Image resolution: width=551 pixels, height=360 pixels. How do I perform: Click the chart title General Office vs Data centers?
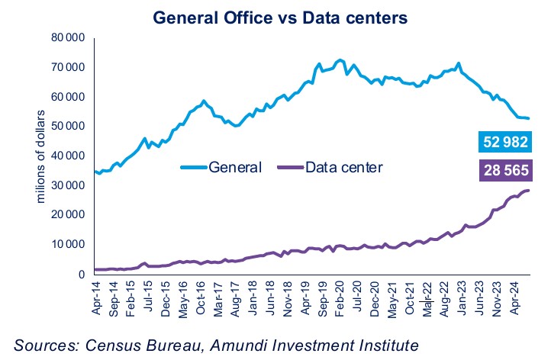click(276, 16)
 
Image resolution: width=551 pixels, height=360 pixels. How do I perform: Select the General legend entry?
click(221, 167)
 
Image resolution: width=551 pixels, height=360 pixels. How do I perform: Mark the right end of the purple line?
click(529, 190)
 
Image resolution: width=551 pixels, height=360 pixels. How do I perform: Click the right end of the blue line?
click(529, 118)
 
